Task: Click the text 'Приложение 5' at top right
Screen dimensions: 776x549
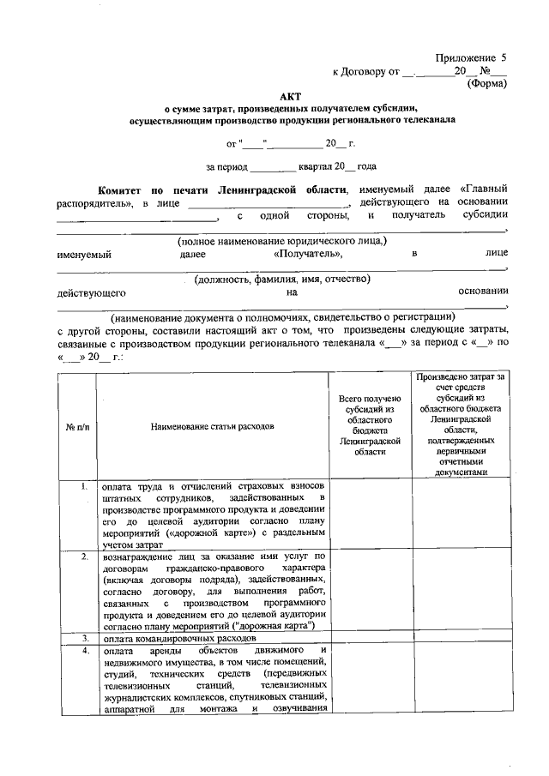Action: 471,57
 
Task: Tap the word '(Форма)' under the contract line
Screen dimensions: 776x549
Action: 486,84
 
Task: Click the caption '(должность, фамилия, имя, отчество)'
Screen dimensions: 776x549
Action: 281,279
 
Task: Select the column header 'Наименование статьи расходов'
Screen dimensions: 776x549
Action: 212,425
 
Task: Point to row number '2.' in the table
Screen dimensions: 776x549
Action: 85,557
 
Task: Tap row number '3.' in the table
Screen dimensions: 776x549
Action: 85,638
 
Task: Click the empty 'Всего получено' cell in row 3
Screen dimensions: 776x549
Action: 370,639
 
